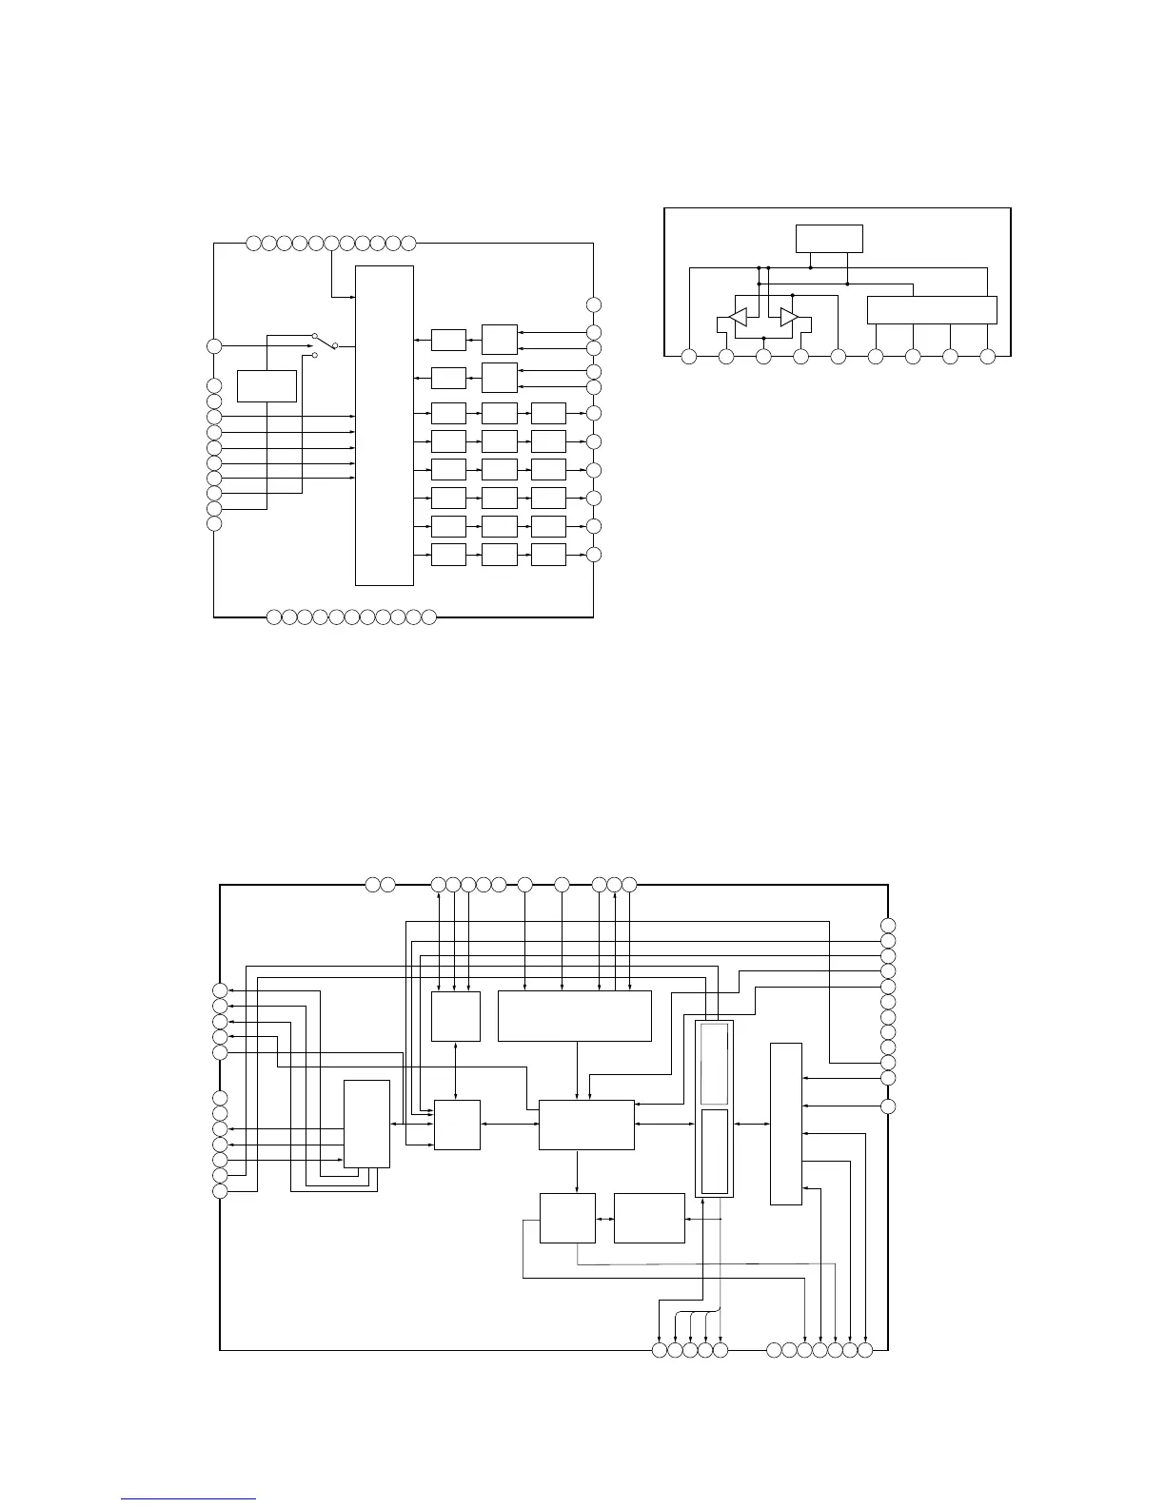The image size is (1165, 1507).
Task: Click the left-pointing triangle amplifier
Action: point(737,317)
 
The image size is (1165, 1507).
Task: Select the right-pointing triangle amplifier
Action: point(788,317)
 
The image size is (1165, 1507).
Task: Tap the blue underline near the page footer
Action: point(189,1499)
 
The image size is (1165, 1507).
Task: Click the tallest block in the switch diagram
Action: point(385,425)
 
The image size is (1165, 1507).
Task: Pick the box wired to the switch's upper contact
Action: point(267,386)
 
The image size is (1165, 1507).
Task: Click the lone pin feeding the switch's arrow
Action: point(215,345)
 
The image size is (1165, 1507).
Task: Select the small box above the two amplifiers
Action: point(829,239)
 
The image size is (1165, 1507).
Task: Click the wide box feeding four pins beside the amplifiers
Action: point(932,310)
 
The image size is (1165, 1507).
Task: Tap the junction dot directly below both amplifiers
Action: point(763,338)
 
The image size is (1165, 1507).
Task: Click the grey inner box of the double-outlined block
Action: point(714,1066)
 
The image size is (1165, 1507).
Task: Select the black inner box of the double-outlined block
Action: point(714,1151)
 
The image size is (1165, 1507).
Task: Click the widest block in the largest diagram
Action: point(574,1016)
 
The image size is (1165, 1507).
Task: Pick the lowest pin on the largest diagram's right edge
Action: point(888,1106)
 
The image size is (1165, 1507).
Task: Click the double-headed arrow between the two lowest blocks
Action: point(604,1219)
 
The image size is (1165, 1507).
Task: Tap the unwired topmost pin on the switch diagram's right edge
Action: point(594,304)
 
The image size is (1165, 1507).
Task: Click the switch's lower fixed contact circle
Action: point(315,356)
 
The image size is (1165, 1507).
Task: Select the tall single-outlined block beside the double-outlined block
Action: point(785,1124)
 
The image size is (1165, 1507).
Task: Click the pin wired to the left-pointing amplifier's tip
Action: point(726,357)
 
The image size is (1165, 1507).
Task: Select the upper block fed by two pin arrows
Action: point(500,340)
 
